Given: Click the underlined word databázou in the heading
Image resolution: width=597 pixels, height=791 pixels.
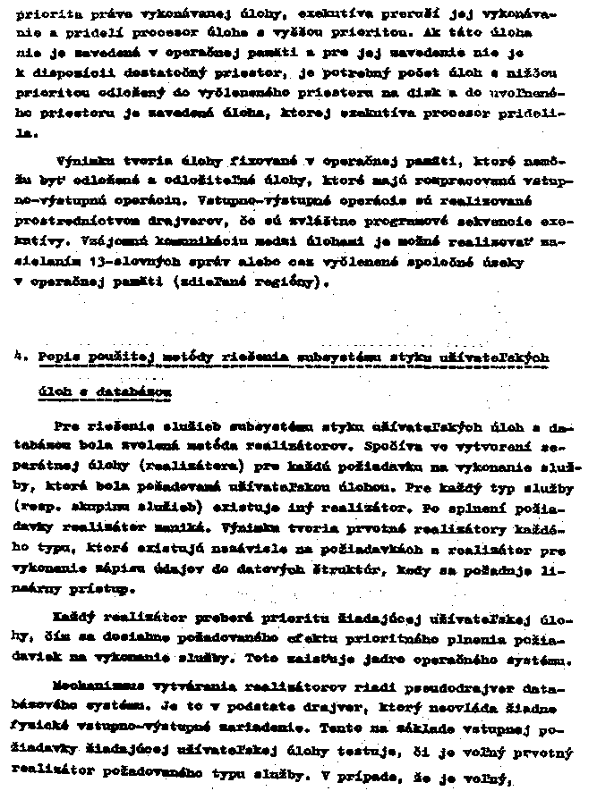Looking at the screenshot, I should pos(144,391).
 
